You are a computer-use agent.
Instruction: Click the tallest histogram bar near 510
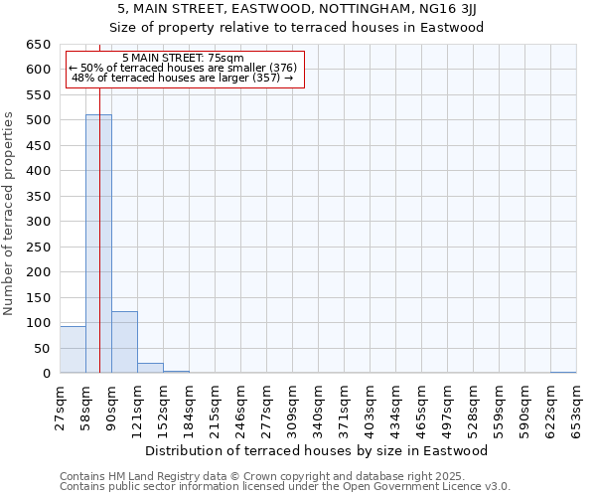[98, 244]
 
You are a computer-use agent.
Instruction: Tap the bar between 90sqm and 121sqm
[124, 343]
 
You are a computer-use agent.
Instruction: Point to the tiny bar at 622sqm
[563, 372]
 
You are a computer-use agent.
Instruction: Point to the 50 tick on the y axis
[42, 349]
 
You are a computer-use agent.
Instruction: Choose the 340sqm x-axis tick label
[319, 407]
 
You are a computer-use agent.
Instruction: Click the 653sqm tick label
[577, 407]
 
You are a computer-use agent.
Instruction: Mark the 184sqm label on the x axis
[190, 407]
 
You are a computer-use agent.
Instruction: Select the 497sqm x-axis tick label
[448, 407]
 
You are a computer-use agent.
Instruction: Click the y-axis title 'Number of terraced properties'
[10, 213]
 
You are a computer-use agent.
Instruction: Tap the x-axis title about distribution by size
[323, 450]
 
